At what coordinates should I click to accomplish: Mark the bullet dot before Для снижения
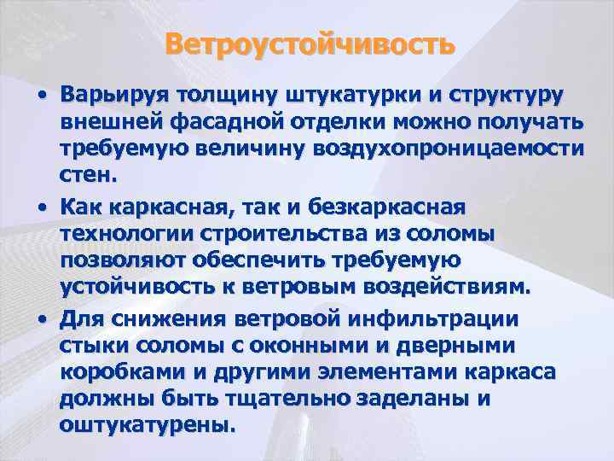point(41,320)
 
